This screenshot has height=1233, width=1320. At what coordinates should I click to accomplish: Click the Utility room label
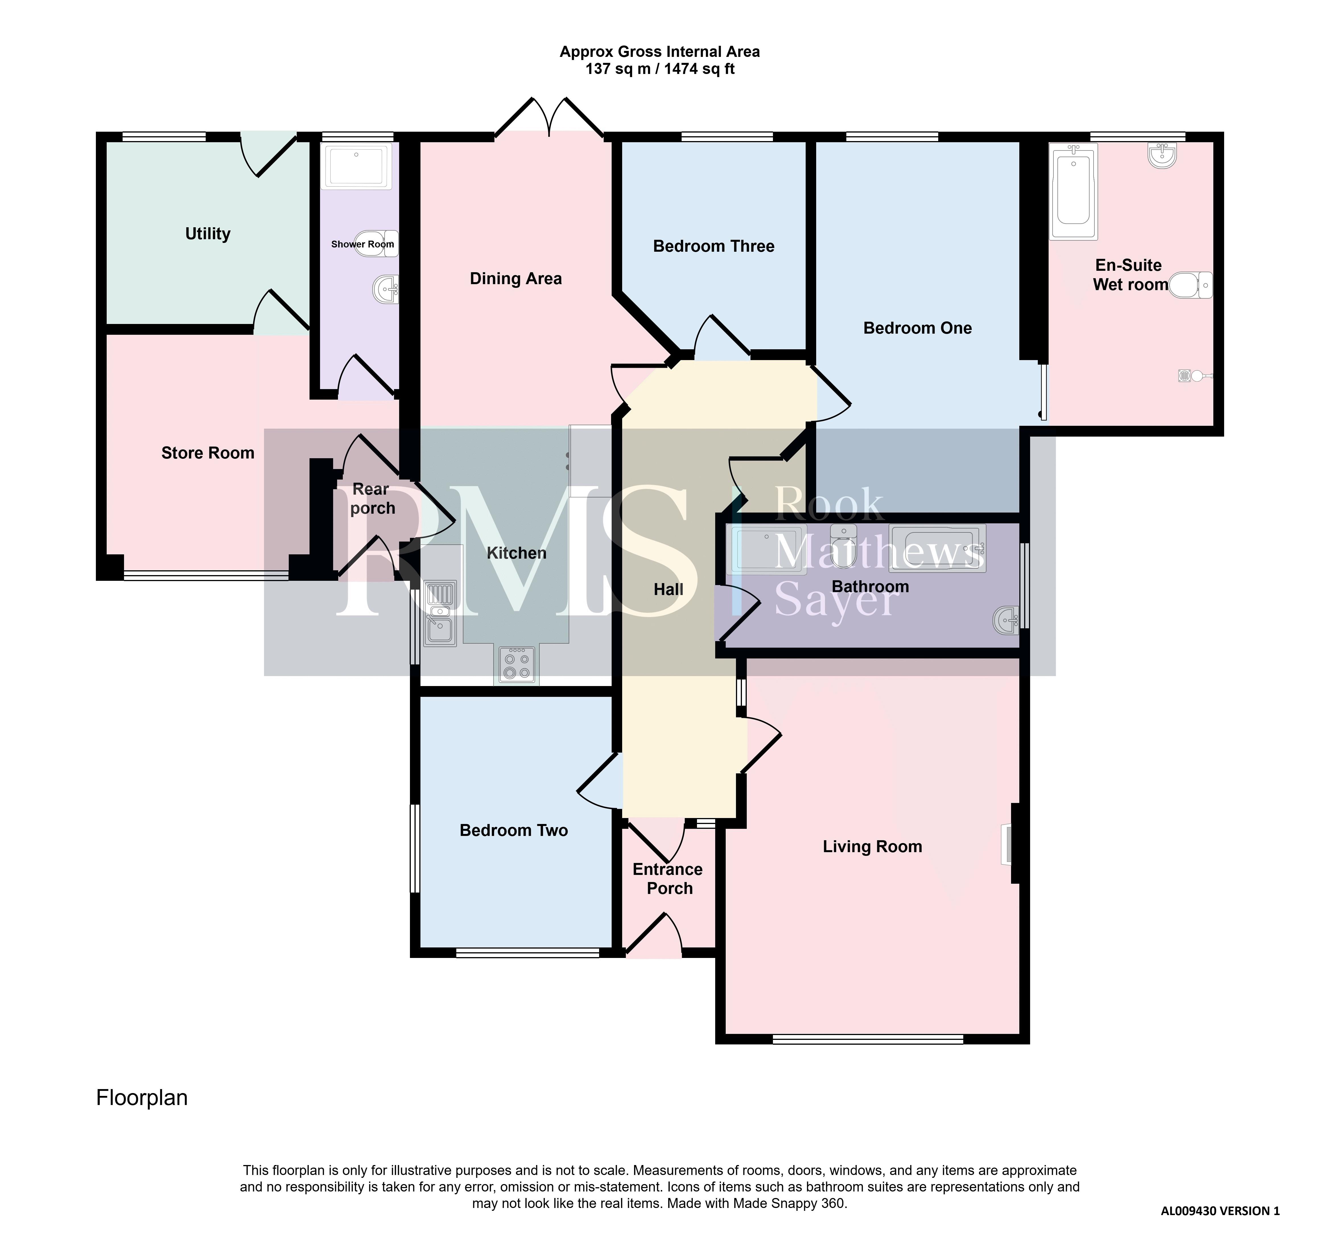208,234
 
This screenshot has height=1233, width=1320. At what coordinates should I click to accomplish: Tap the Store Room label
208,453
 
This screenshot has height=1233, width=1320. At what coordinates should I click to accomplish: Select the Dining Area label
516,279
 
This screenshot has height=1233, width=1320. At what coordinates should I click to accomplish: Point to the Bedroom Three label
714,246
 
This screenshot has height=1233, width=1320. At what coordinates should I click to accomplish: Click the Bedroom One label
918,328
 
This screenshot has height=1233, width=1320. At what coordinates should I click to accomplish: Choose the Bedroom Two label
514,831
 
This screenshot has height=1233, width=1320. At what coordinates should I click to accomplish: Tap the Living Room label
873,846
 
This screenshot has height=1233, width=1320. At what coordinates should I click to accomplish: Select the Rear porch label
372,499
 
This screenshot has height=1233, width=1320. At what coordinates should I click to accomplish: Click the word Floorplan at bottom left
142,1098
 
